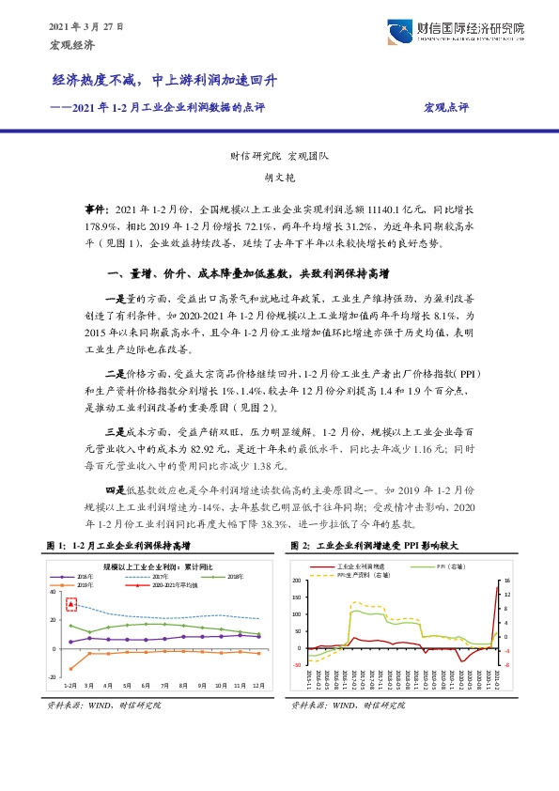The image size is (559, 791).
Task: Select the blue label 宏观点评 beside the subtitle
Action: click(x=445, y=107)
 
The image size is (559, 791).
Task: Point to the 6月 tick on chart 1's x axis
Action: click(x=136, y=686)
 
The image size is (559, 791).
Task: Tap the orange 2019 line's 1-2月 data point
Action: click(x=70, y=668)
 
